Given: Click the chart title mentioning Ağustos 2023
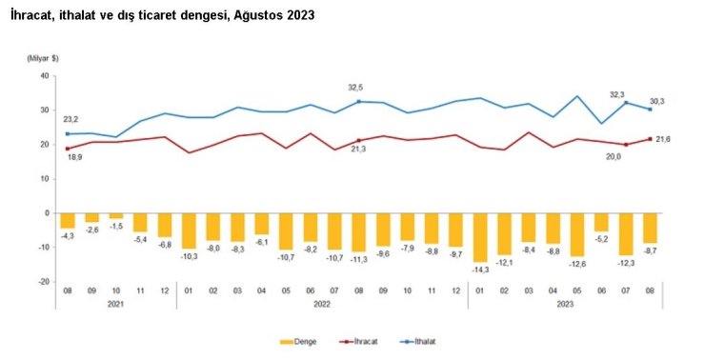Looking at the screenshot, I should click(x=161, y=16).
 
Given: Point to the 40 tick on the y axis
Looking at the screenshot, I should click(x=44, y=76).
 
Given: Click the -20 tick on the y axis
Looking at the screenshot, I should click(x=43, y=282).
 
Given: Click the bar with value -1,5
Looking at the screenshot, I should click(x=116, y=216).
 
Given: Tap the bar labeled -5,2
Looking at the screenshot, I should click(x=600, y=222).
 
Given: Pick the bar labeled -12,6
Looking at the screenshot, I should click(x=575, y=234).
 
